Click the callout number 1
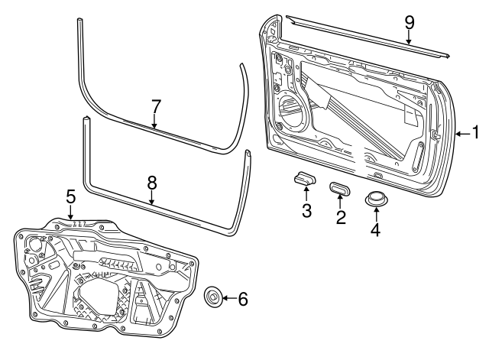[474, 134]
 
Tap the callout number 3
[306, 211]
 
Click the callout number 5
[70, 197]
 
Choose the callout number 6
[243, 299]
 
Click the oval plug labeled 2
[341, 187]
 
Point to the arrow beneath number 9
[409, 38]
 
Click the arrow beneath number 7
[154, 120]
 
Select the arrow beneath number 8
[151, 198]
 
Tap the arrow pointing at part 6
[228, 298]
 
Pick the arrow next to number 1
[461, 134]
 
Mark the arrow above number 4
[375, 215]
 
